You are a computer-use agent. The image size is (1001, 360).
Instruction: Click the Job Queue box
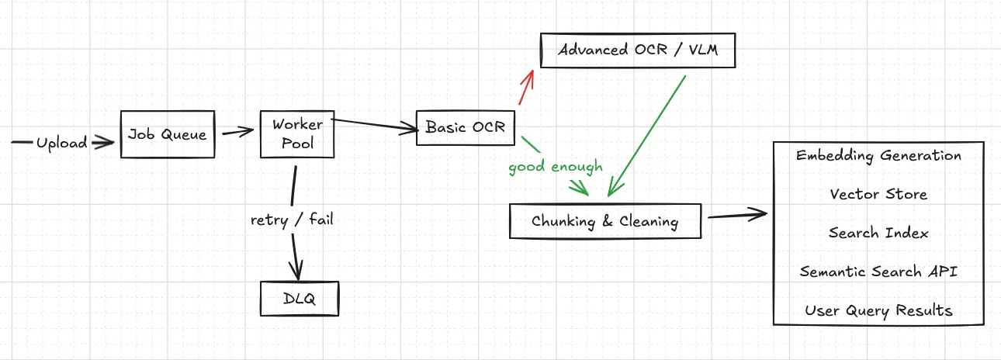coord(167,134)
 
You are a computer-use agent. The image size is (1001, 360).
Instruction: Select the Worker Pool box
coord(297,134)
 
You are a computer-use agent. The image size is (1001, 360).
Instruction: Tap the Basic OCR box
coord(466,127)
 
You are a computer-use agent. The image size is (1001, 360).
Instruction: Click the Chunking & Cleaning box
coord(604,221)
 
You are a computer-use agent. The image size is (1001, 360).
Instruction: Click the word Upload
coord(61,143)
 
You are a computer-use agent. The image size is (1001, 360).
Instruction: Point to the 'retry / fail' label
coord(292,220)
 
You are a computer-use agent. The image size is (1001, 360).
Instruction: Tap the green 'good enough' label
coord(556,167)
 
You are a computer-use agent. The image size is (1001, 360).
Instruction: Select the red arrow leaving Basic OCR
coord(525,88)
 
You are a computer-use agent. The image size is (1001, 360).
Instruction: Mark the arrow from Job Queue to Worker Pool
coord(237,133)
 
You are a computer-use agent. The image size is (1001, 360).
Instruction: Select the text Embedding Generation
coord(878,155)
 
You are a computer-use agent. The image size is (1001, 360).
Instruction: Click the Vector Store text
coord(878,194)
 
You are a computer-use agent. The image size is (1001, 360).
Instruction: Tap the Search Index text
coord(878,233)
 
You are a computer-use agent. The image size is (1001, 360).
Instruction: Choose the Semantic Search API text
coord(878,272)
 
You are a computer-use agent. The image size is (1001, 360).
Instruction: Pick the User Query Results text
coord(878,310)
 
